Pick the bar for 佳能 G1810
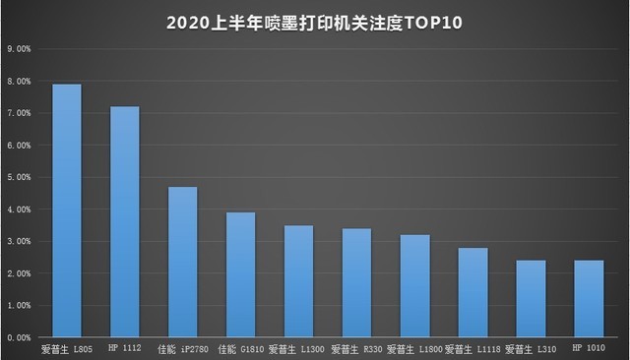(241, 274)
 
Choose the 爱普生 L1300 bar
(298, 281)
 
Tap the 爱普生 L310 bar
(531, 299)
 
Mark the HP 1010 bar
(589, 299)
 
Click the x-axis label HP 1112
(125, 347)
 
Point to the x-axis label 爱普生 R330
(356, 347)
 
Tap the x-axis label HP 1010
(589, 347)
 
